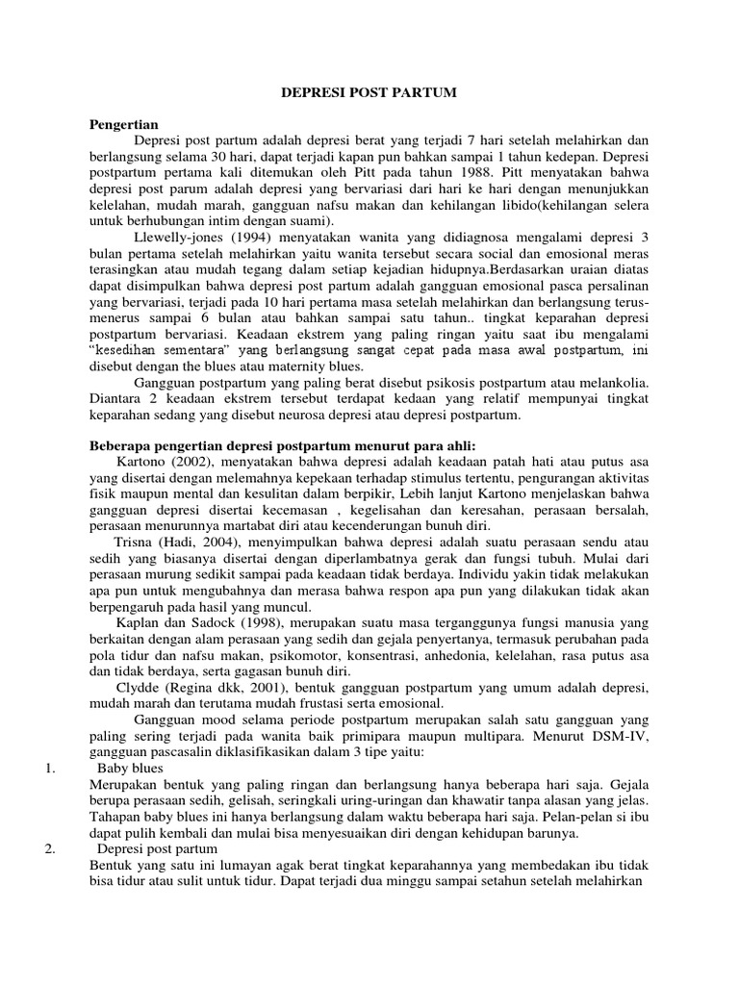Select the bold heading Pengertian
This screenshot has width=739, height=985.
pos(123,125)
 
